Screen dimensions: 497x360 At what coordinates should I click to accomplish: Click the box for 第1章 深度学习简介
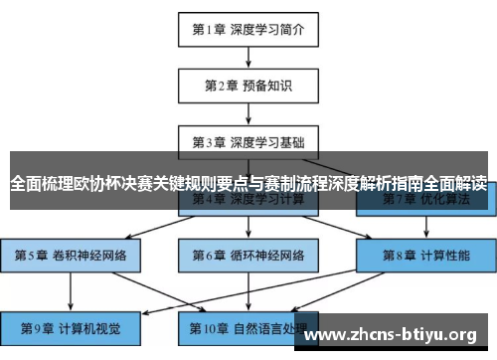pyautogui.click(x=248, y=29)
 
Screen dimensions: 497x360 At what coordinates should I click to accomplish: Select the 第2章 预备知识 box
pyautogui.click(x=248, y=86)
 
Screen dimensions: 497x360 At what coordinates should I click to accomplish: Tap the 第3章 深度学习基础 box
pyautogui.click(x=248, y=141)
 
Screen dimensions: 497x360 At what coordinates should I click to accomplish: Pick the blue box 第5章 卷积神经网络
pyautogui.click(x=71, y=255)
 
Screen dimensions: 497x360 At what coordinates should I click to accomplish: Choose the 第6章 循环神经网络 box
pyautogui.click(x=248, y=255)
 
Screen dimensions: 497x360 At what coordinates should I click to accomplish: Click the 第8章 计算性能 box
pyautogui.click(x=426, y=255)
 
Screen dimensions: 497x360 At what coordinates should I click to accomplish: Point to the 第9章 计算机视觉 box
pyautogui.click(x=70, y=327)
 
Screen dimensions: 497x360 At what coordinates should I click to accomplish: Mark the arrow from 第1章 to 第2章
pyautogui.click(x=248, y=58)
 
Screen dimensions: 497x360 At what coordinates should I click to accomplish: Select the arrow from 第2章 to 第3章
pyautogui.click(x=248, y=113)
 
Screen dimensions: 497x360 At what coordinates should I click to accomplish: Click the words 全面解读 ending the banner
pyautogui.click(x=455, y=183)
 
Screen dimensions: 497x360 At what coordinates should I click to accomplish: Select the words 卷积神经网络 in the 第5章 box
pyautogui.click(x=87, y=255)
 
